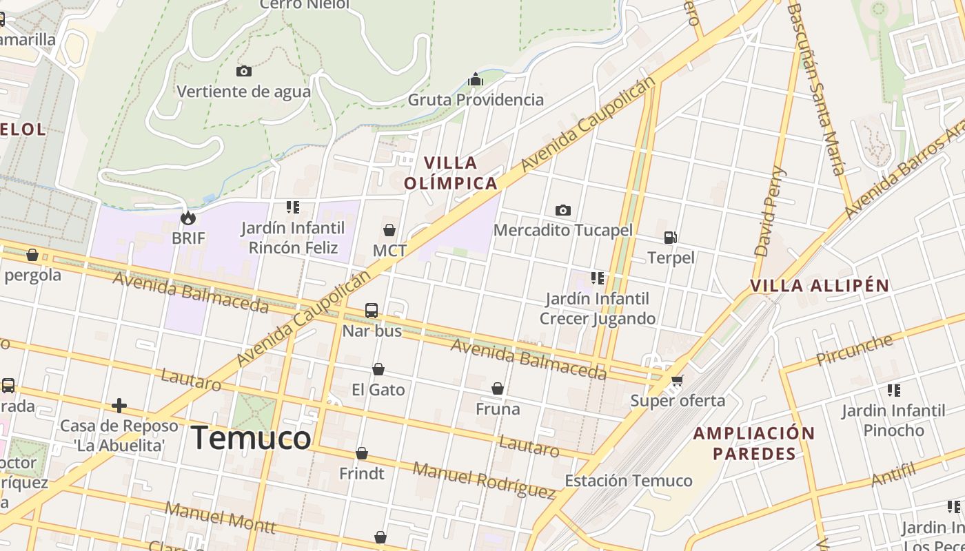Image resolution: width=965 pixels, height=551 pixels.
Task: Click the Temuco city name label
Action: tap(251, 438)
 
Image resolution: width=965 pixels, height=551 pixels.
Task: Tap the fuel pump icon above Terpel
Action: tap(670, 238)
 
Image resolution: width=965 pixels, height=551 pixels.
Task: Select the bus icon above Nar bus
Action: tap(372, 311)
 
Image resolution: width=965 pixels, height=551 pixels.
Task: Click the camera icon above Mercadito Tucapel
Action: tap(563, 210)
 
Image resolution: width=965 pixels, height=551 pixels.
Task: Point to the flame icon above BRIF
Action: tap(187, 218)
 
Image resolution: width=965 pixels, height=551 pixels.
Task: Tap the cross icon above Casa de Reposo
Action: tap(119, 405)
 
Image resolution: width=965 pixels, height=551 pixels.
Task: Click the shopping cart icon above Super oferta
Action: tap(678, 380)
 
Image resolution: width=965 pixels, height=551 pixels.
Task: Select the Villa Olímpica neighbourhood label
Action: tap(451, 173)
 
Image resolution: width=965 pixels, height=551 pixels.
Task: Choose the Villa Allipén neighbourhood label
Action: tap(820, 286)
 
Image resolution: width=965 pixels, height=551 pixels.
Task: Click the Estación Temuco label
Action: tap(629, 481)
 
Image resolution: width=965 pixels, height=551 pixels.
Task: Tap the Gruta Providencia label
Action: tap(476, 100)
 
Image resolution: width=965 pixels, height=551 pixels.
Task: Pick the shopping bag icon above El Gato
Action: tap(378, 370)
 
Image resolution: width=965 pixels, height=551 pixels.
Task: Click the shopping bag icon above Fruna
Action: tap(498, 389)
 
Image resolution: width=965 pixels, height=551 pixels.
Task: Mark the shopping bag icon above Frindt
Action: tap(362, 453)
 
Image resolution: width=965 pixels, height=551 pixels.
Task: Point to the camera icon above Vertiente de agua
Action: tap(244, 71)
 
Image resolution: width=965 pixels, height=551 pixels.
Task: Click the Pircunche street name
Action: tap(854, 350)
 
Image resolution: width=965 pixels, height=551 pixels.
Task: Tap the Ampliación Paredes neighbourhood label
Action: tap(754, 444)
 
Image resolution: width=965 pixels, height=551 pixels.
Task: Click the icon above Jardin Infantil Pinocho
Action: tap(894, 391)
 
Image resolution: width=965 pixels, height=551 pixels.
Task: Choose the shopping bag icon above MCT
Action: tap(389, 230)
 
